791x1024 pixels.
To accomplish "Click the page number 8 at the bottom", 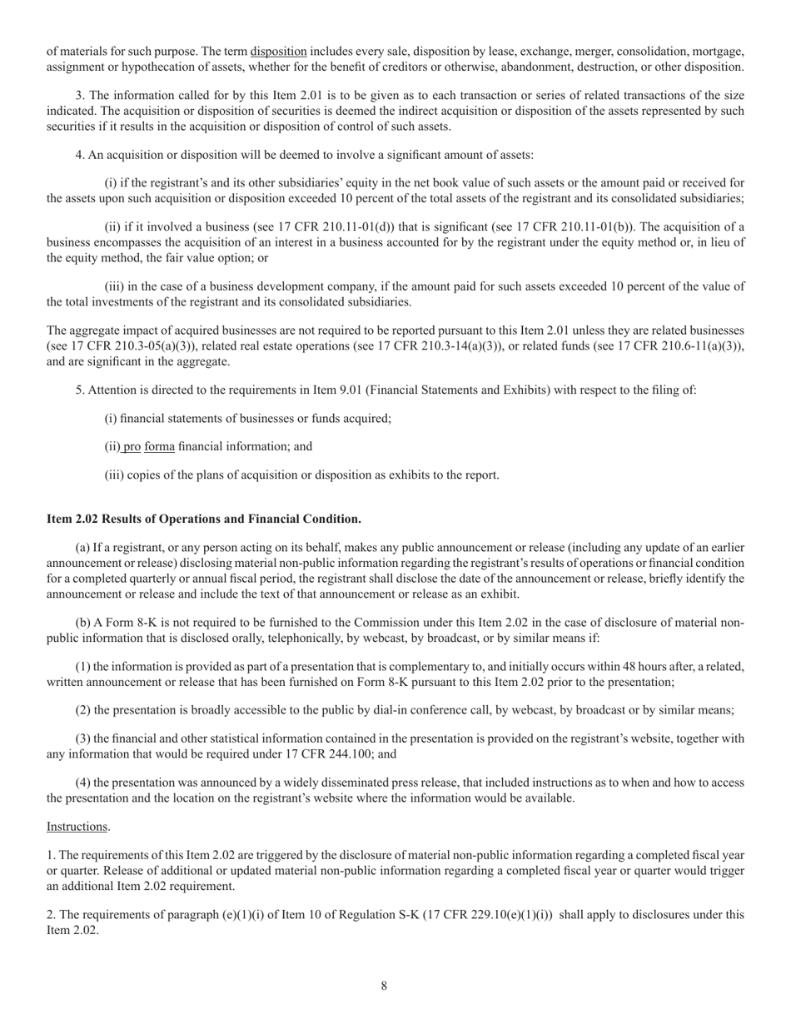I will tap(384, 986).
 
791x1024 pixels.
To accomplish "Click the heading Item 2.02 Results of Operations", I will tap(204, 519).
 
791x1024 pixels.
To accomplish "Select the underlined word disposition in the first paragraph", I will tap(278, 52).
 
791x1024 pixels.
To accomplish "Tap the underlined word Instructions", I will tap(77, 827).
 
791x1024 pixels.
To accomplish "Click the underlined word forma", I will tap(160, 446).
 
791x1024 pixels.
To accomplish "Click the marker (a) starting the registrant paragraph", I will tap(82, 548).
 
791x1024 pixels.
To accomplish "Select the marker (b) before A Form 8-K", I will tap(83, 623).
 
